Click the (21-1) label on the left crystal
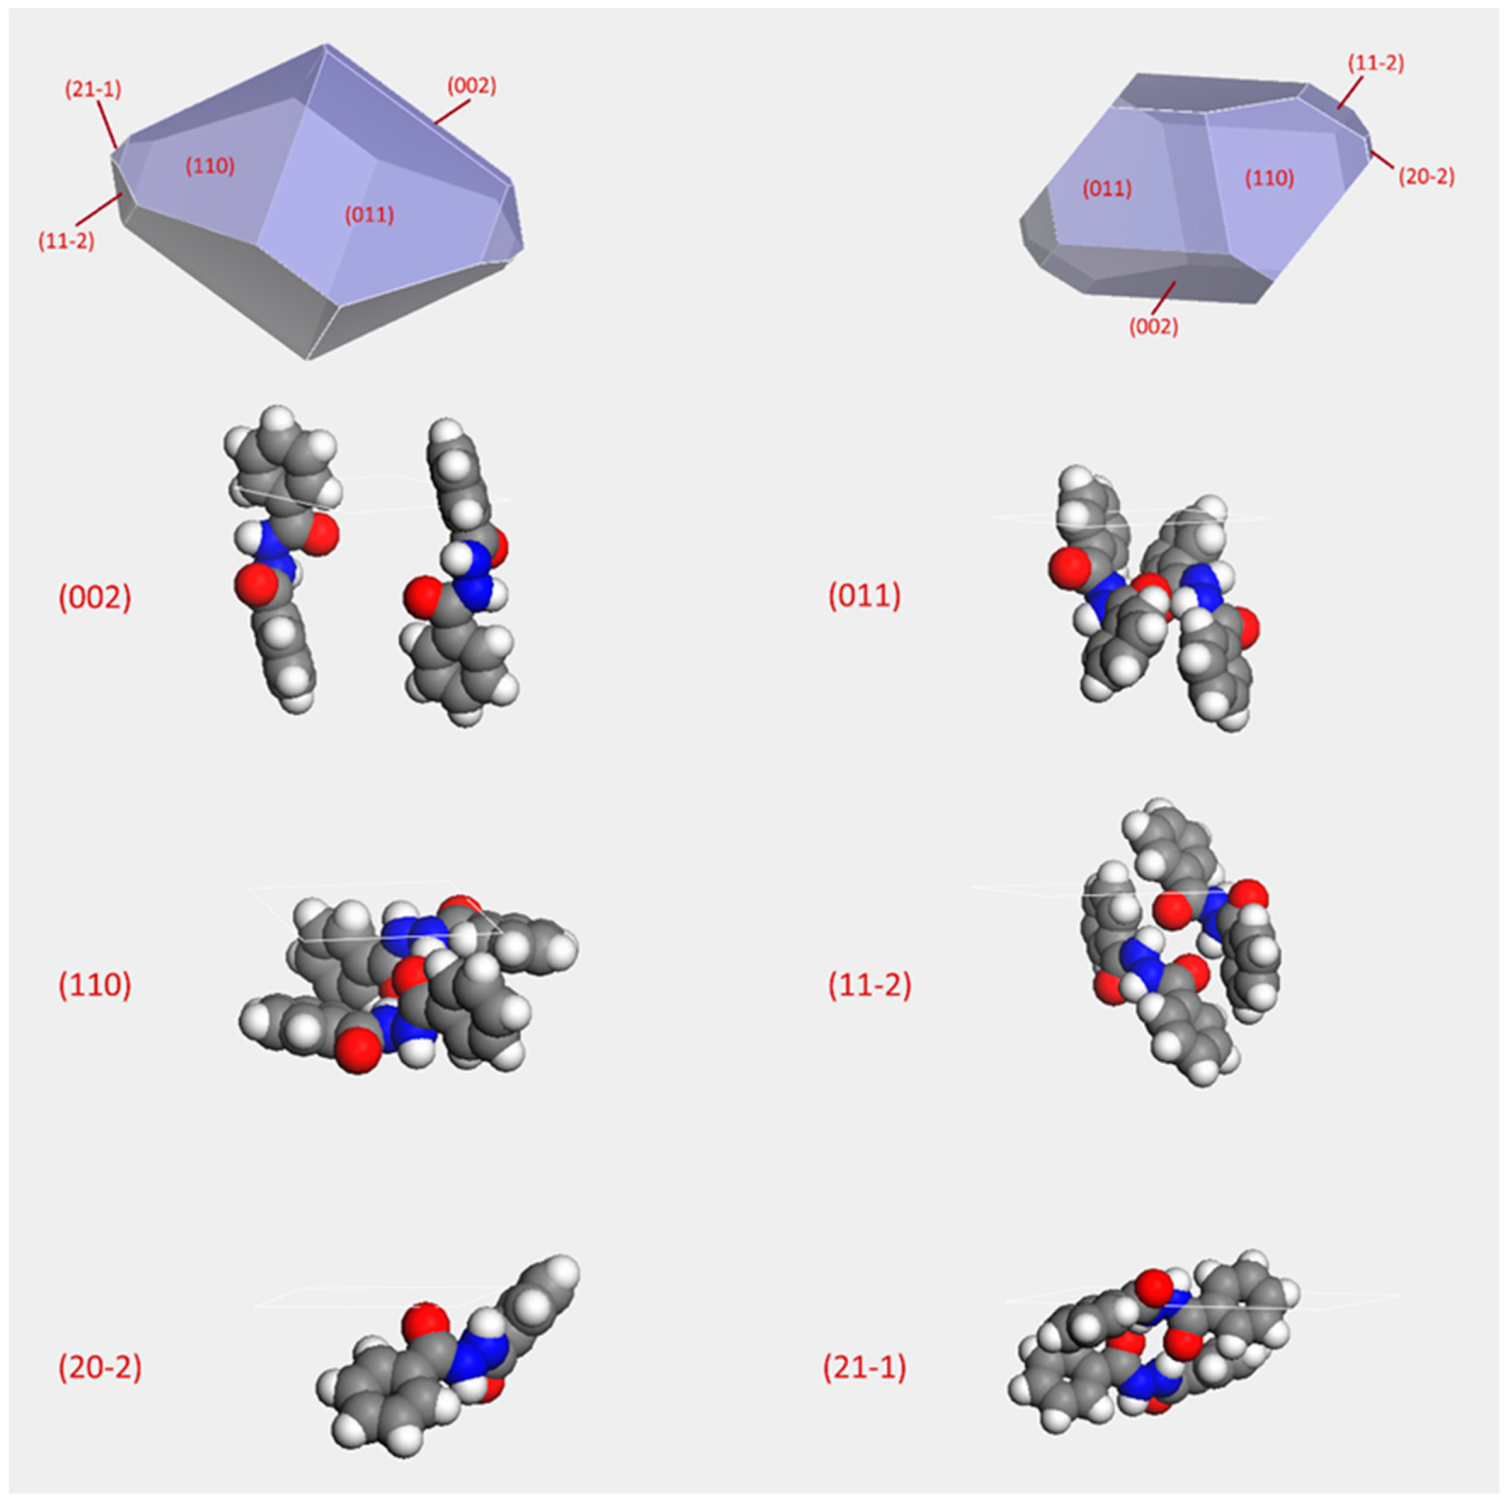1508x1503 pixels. tap(93, 89)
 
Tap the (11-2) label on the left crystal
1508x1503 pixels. tap(67, 241)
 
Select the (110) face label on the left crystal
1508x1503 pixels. tap(210, 166)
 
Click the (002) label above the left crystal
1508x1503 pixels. tap(471, 86)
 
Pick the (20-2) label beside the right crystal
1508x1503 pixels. tap(1426, 178)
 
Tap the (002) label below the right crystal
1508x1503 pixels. tap(1154, 327)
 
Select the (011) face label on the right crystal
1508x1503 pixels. tap(1107, 188)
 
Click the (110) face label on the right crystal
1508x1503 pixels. tap(1269, 178)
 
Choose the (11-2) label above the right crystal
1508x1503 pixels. tap(1376, 64)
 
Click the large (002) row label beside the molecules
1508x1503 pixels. tap(95, 597)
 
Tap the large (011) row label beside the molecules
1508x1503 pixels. tap(864, 596)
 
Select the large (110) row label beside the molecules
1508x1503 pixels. tap(95, 986)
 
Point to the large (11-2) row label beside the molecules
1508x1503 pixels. tap(869, 986)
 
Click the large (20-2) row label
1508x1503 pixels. tap(100, 1367)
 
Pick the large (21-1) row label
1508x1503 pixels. tap(865, 1367)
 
